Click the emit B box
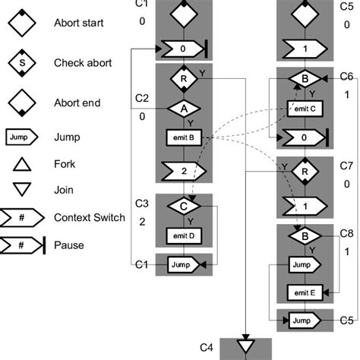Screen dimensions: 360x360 click(182, 138)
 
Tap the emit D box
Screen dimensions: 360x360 click(182, 236)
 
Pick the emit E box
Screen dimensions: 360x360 click(304, 292)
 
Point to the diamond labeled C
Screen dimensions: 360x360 click(182, 206)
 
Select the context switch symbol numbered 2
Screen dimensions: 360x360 click(182, 170)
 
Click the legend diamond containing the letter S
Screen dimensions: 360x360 click(21, 63)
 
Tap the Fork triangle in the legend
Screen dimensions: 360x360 click(21, 164)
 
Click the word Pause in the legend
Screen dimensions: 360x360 click(68, 245)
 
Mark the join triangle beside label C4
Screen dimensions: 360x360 click(246, 346)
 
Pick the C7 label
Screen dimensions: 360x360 click(346, 166)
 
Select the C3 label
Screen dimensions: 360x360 click(142, 203)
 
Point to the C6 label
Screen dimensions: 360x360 click(346, 77)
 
